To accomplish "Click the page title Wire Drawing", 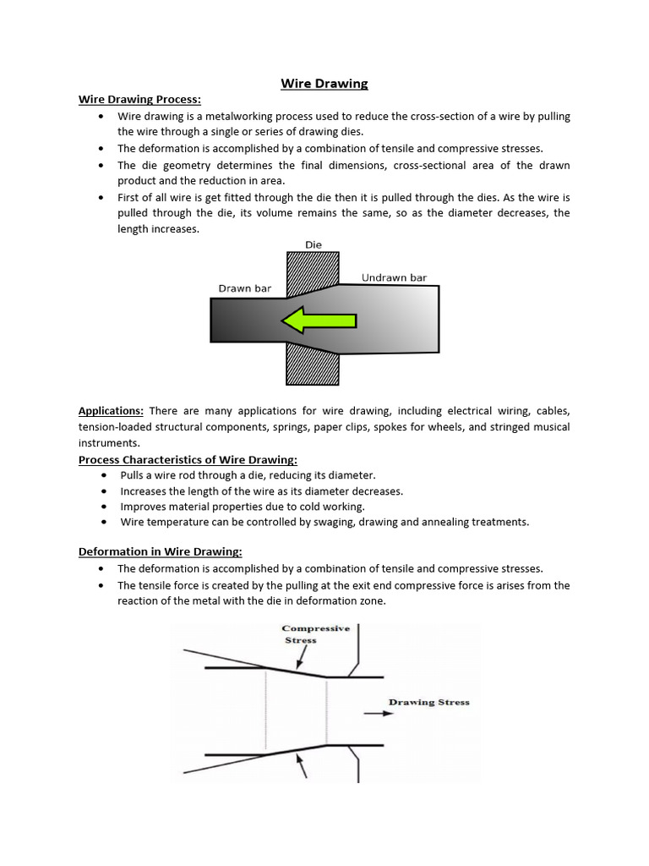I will point(324,83).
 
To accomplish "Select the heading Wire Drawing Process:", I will point(139,99).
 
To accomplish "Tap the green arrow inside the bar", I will point(319,321).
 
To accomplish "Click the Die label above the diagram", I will point(313,244).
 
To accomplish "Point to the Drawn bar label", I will point(245,288).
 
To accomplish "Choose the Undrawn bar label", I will point(395,277).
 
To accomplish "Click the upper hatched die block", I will point(312,270).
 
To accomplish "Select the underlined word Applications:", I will point(111,411).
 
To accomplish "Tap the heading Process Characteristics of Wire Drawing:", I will point(188,459).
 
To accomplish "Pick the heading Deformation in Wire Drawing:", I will point(160,551).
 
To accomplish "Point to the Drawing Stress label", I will point(428,702).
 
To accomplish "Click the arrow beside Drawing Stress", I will point(379,713).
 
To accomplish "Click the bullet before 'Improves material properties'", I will point(102,507).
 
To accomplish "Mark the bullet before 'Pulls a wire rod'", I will point(102,475).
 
